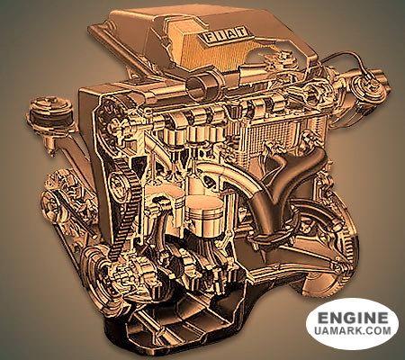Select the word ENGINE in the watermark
point(353,318)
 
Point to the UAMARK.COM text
point(353,330)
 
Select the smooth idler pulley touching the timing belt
point(119,183)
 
